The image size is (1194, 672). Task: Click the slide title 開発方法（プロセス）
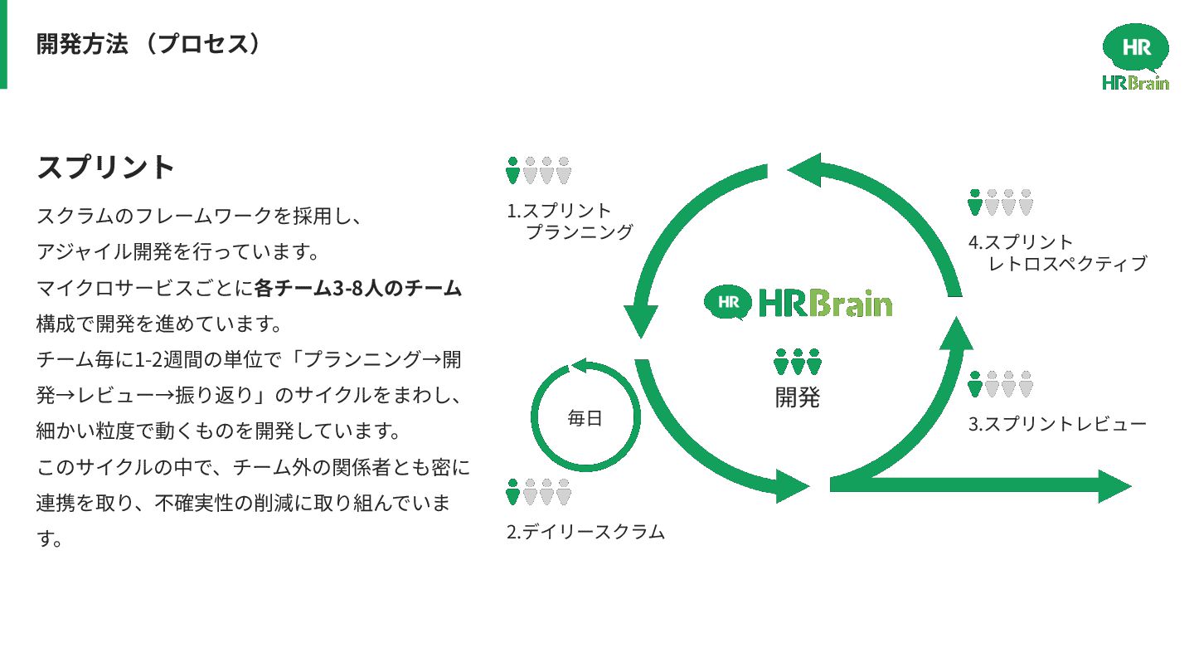[148, 44]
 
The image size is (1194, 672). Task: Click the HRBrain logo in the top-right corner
[1135, 56]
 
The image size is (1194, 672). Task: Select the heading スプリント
[106, 168]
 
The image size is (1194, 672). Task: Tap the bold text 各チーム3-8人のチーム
[357, 289]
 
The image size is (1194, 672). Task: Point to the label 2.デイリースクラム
[585, 532]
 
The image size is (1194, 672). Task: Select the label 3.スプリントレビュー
[1057, 424]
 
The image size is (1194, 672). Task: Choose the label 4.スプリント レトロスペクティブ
[1057, 253]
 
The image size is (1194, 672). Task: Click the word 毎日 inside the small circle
[585, 419]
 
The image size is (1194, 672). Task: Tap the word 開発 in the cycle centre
[798, 398]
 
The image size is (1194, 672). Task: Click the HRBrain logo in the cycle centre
[798, 303]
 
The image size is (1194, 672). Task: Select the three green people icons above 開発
[798, 362]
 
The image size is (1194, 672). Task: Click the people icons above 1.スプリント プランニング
[539, 170]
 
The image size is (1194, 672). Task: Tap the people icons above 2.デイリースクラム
[539, 492]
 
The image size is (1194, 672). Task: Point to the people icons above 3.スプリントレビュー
[1001, 384]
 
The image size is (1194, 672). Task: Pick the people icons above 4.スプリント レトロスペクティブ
[1001, 202]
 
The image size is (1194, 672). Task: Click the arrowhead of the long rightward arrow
[1115, 486]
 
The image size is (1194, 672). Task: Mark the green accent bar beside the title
[3, 44]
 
